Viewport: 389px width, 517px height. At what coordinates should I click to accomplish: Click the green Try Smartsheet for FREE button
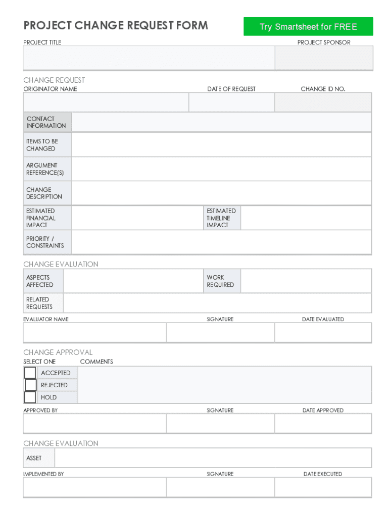click(x=308, y=27)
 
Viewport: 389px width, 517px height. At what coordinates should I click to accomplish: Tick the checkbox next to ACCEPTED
click(x=30, y=373)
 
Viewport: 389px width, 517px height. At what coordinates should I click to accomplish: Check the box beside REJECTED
click(x=30, y=385)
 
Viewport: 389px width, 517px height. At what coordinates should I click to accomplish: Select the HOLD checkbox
click(x=30, y=397)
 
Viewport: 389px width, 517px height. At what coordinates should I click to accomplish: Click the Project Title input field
click(x=149, y=58)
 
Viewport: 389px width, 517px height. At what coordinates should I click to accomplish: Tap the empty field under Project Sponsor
click(x=323, y=58)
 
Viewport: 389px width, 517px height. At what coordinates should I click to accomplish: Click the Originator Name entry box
click(x=106, y=102)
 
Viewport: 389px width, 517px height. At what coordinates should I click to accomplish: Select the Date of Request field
click(x=231, y=102)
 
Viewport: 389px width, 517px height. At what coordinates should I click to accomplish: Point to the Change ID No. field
click(x=323, y=102)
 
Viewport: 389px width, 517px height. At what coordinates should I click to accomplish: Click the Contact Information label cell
click(x=47, y=122)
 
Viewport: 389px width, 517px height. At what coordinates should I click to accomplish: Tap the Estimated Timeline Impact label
click(x=221, y=218)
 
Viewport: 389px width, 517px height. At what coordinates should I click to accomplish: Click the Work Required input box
click(x=306, y=281)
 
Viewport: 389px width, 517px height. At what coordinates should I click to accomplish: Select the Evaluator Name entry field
click(x=94, y=333)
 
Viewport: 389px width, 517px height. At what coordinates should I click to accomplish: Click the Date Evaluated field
click(x=323, y=333)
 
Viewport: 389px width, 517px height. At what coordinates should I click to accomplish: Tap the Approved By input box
click(x=94, y=424)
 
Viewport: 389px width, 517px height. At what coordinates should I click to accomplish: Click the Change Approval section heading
click(x=58, y=352)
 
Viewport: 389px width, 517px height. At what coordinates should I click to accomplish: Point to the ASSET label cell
click(x=38, y=458)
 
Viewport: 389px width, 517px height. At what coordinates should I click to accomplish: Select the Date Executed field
click(x=323, y=487)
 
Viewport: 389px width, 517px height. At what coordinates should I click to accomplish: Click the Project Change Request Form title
click(x=116, y=25)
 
